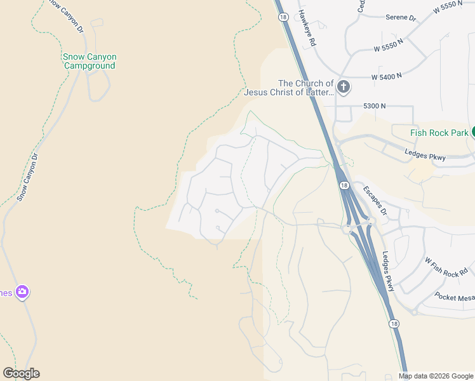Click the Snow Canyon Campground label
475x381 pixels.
(x=90, y=61)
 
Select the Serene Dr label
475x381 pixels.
(x=401, y=18)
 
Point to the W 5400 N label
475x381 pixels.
(x=387, y=76)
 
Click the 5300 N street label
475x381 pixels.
(x=375, y=105)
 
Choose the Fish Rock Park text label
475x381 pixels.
(x=439, y=133)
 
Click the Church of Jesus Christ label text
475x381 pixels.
(x=290, y=88)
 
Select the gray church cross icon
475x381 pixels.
(x=344, y=87)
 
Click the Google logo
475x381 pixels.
(x=21, y=373)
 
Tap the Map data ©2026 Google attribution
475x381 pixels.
(x=436, y=376)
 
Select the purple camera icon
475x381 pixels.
(x=22, y=292)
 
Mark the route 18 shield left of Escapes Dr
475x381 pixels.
(x=343, y=185)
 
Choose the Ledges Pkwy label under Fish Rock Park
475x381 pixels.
(x=425, y=155)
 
